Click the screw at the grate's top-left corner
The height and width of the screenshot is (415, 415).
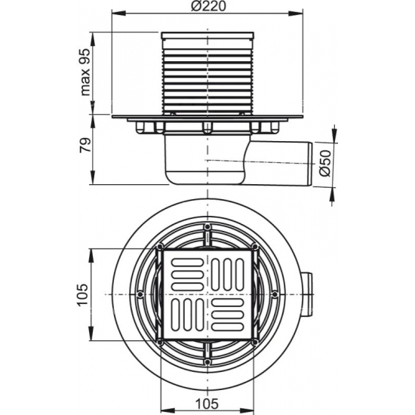161,247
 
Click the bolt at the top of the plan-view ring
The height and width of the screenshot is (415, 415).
207,226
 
